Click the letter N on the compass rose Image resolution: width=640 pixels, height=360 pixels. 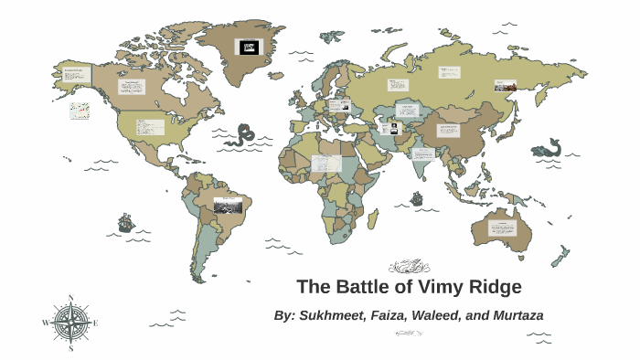click(70, 298)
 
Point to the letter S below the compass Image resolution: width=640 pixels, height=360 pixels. click(70, 348)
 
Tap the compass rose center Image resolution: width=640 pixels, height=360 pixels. click(70, 323)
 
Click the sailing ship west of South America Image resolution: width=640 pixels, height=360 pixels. click(126, 222)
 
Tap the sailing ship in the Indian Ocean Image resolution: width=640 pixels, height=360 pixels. click(417, 197)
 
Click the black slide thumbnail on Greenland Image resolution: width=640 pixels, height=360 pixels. click(248, 47)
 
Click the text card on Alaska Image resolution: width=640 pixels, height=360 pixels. click(76, 75)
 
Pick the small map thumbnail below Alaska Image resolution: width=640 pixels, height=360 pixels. click(80, 111)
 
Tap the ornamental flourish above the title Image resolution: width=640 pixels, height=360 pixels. click(409, 267)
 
